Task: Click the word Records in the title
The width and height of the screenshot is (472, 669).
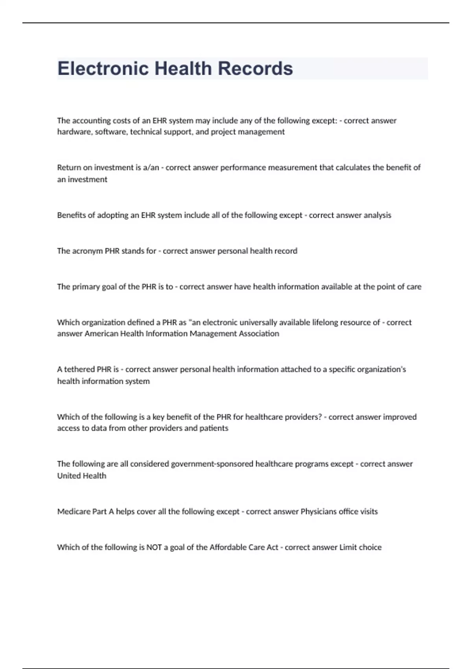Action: (x=255, y=68)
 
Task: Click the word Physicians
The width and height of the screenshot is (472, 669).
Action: (x=319, y=512)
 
